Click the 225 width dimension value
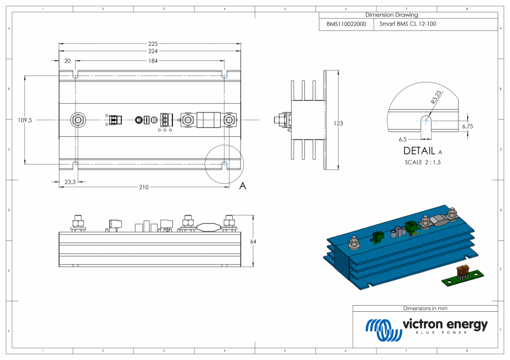coord(153,44)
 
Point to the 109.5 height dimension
coord(25,120)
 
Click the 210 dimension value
coord(143,187)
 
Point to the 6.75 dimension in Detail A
coord(467,127)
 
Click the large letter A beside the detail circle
coord(242,186)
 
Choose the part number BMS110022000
coord(346,24)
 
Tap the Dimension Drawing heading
coord(391,15)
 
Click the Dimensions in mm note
coord(425,308)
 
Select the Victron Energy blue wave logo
coord(380,330)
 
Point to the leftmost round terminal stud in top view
coord(78,120)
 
